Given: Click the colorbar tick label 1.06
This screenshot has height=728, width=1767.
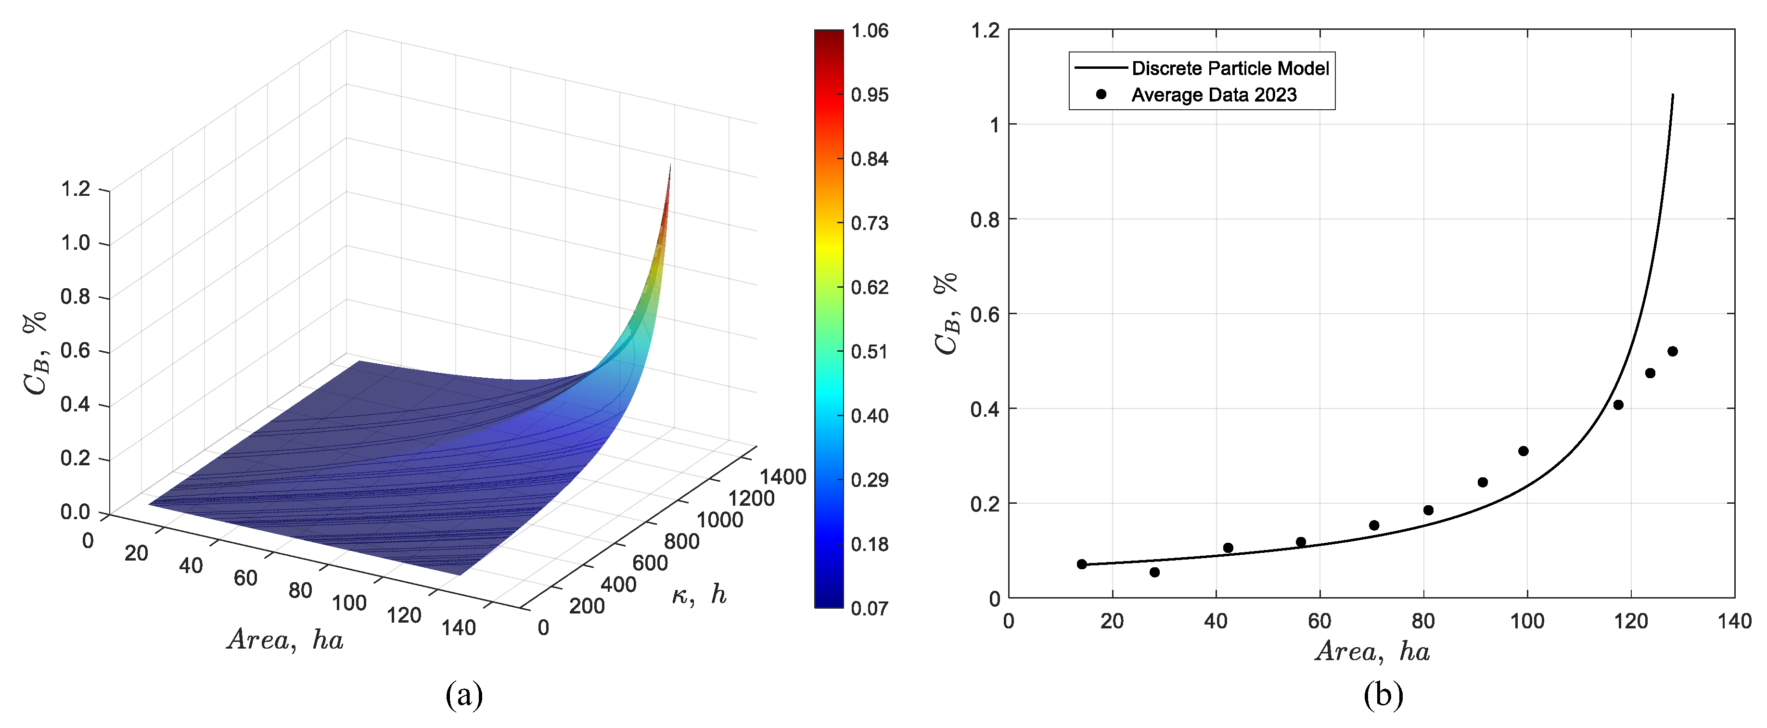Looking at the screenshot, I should (869, 31).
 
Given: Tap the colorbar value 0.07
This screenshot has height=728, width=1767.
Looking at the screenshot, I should (869, 608).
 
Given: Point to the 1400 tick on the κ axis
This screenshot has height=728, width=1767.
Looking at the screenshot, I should (782, 477).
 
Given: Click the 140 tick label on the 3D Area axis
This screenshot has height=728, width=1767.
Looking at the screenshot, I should (458, 627).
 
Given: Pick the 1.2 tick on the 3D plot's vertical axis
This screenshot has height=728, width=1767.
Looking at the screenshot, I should (76, 189).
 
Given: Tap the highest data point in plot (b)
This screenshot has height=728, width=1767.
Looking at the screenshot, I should (1672, 351).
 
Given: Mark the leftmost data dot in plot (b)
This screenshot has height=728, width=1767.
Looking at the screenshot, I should (1082, 564).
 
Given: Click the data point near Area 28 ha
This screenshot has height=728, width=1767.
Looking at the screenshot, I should (1154, 572).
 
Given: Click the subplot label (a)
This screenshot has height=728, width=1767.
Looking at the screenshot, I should (464, 695).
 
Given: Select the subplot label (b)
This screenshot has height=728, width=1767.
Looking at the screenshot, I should (1383, 695).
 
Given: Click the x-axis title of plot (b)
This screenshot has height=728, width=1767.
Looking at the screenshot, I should (1372, 651).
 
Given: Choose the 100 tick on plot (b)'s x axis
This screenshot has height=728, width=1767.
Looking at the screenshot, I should (1527, 622).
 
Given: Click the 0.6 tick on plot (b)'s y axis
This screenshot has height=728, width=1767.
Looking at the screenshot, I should (985, 314).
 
